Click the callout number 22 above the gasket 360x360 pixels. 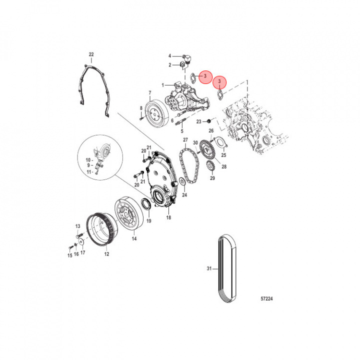(90, 54)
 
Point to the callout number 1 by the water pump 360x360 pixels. (162, 84)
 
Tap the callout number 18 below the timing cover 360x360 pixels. (168, 218)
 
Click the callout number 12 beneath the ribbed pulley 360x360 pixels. (106, 254)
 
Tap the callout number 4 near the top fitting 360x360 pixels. (169, 55)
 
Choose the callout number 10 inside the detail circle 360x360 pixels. (88, 160)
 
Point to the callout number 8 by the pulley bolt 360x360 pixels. (141, 108)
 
